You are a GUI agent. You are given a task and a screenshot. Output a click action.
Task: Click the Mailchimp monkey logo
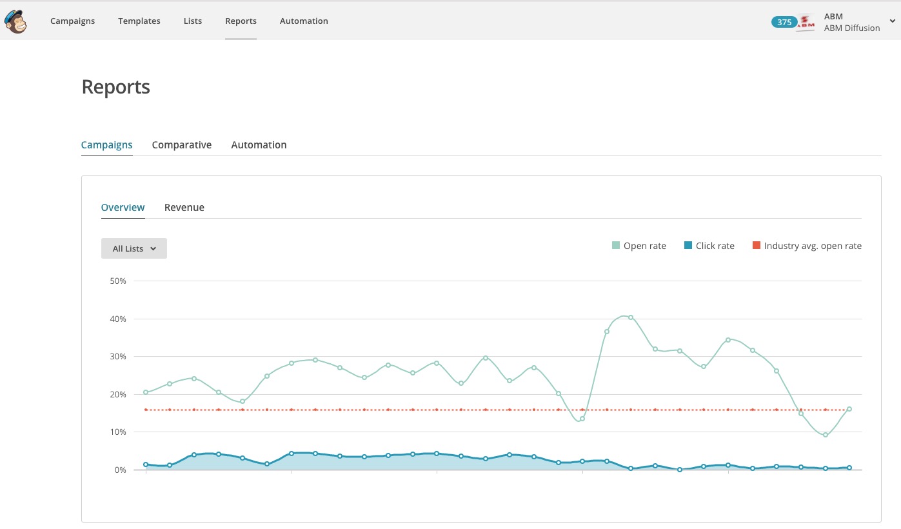(15, 21)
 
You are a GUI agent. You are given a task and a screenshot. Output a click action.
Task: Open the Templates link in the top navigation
(139, 21)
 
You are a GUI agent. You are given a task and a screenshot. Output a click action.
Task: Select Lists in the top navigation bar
(193, 21)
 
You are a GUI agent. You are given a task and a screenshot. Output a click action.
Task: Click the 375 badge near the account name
(784, 22)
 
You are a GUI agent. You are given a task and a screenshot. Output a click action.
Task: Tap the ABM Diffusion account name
(851, 28)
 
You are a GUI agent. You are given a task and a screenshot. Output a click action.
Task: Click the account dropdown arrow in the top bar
(892, 21)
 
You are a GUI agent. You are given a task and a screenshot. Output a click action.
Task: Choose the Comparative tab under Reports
(181, 145)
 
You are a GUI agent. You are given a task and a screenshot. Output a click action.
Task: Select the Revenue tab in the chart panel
(184, 208)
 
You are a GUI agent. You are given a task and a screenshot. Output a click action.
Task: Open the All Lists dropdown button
(134, 248)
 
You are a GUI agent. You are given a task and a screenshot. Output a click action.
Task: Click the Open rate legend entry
(639, 246)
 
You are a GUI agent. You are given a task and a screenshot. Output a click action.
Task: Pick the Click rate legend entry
(709, 246)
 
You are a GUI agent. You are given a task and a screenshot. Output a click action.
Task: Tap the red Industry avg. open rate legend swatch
(756, 245)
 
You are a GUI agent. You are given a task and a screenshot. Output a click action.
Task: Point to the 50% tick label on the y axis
(118, 281)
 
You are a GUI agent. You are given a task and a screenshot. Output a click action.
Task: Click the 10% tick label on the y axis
(118, 432)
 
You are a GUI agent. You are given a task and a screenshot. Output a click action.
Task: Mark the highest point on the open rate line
(631, 317)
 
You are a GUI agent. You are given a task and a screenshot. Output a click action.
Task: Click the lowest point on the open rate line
(826, 435)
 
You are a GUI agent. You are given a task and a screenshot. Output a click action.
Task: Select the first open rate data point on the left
(146, 392)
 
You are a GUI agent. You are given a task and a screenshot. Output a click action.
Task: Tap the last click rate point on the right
(849, 468)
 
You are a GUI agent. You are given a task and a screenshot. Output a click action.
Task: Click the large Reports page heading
(116, 87)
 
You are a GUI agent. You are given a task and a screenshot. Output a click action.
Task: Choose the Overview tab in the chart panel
(123, 208)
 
